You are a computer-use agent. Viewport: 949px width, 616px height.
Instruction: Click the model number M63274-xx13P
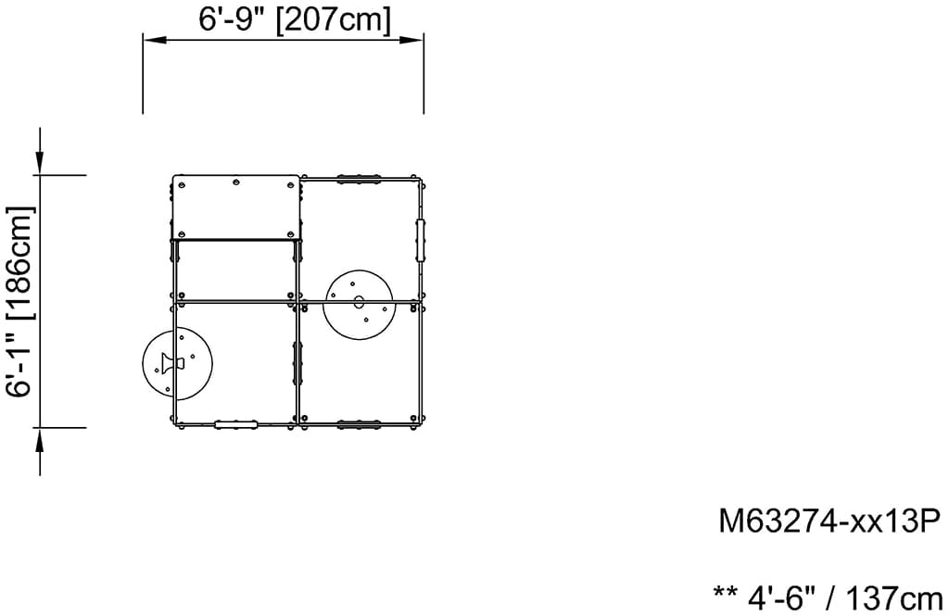[829, 522]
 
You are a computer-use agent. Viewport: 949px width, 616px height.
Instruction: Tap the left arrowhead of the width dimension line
[155, 40]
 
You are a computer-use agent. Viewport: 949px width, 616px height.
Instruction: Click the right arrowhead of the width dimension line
[411, 40]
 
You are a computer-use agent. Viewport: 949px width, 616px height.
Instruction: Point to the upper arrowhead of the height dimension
[40, 163]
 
